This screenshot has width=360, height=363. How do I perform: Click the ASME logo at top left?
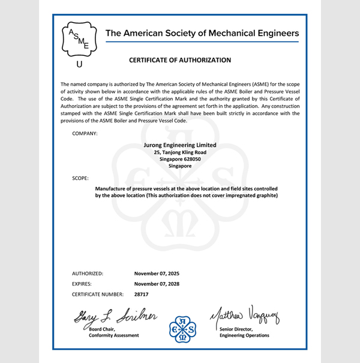point(79,38)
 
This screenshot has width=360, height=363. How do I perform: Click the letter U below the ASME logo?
point(79,64)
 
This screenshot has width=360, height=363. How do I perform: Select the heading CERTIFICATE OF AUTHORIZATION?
point(180,61)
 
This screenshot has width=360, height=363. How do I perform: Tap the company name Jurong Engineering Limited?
point(180,145)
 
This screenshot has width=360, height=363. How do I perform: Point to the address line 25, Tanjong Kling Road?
point(180,152)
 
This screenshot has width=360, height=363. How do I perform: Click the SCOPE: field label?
point(80,178)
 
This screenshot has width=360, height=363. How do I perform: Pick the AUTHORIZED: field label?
point(88,273)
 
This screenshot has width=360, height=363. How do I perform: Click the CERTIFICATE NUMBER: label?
point(98,295)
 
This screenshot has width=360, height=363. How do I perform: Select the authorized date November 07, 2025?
point(157,273)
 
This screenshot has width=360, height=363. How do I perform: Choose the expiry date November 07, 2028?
point(157,284)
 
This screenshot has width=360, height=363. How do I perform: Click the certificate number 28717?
point(142,295)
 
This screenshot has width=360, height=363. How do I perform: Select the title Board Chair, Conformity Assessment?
point(109,332)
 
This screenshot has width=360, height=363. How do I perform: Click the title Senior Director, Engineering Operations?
point(244,332)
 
